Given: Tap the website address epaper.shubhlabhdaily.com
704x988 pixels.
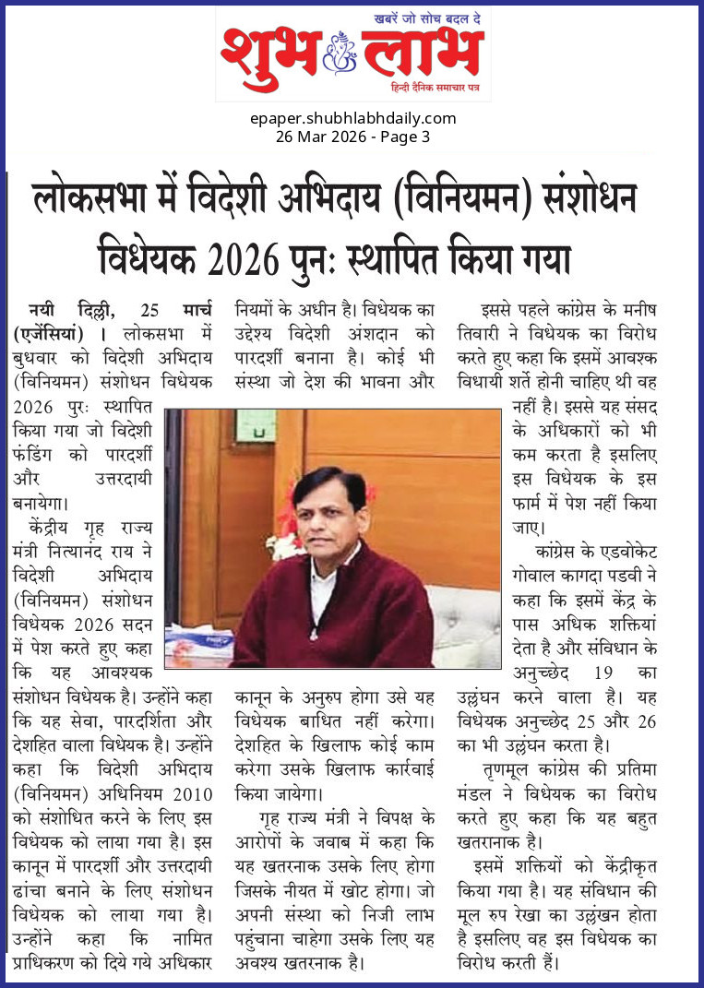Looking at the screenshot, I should point(352,118).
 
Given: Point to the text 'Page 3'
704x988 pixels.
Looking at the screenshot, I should point(406,137).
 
